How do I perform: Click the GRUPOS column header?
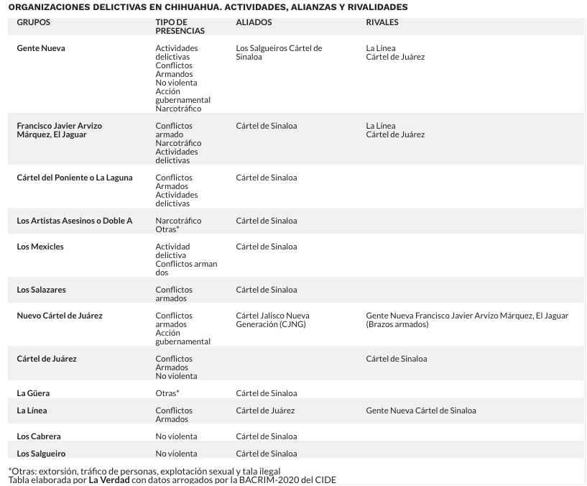pos(33,22)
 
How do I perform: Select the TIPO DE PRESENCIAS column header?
pos(180,27)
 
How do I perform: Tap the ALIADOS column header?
pos(254,22)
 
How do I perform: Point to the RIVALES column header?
pos(382,22)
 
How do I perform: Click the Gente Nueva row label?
pos(40,48)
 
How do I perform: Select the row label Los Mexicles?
pos(40,247)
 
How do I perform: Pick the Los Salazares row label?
pos(41,290)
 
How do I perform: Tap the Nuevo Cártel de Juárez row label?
pos(60,316)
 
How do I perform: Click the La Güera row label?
pos(33,393)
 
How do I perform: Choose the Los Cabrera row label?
pos(39,436)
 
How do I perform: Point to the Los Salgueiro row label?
pos(41,454)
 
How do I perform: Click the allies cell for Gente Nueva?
pos(279,52)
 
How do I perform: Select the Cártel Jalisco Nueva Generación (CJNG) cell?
pos(272,320)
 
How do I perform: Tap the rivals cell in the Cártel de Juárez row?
pos(396,359)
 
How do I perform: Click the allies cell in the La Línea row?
pos(265,411)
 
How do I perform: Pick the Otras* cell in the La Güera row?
pos(167,393)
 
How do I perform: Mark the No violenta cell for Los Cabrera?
pos(176,436)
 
